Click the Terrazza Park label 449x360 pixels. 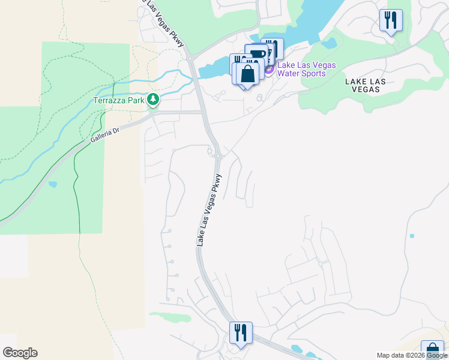(x=119, y=100)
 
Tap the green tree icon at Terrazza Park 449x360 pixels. (x=153, y=100)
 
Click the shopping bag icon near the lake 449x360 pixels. (x=247, y=74)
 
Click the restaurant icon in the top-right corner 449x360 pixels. (x=391, y=20)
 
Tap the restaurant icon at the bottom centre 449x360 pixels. (x=241, y=332)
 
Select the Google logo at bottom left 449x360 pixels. (x=20, y=353)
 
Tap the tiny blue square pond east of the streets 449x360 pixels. (x=412, y=236)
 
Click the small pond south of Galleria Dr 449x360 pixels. (x=52, y=184)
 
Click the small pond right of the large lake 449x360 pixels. (x=328, y=43)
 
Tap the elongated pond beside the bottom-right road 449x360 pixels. (x=297, y=348)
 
